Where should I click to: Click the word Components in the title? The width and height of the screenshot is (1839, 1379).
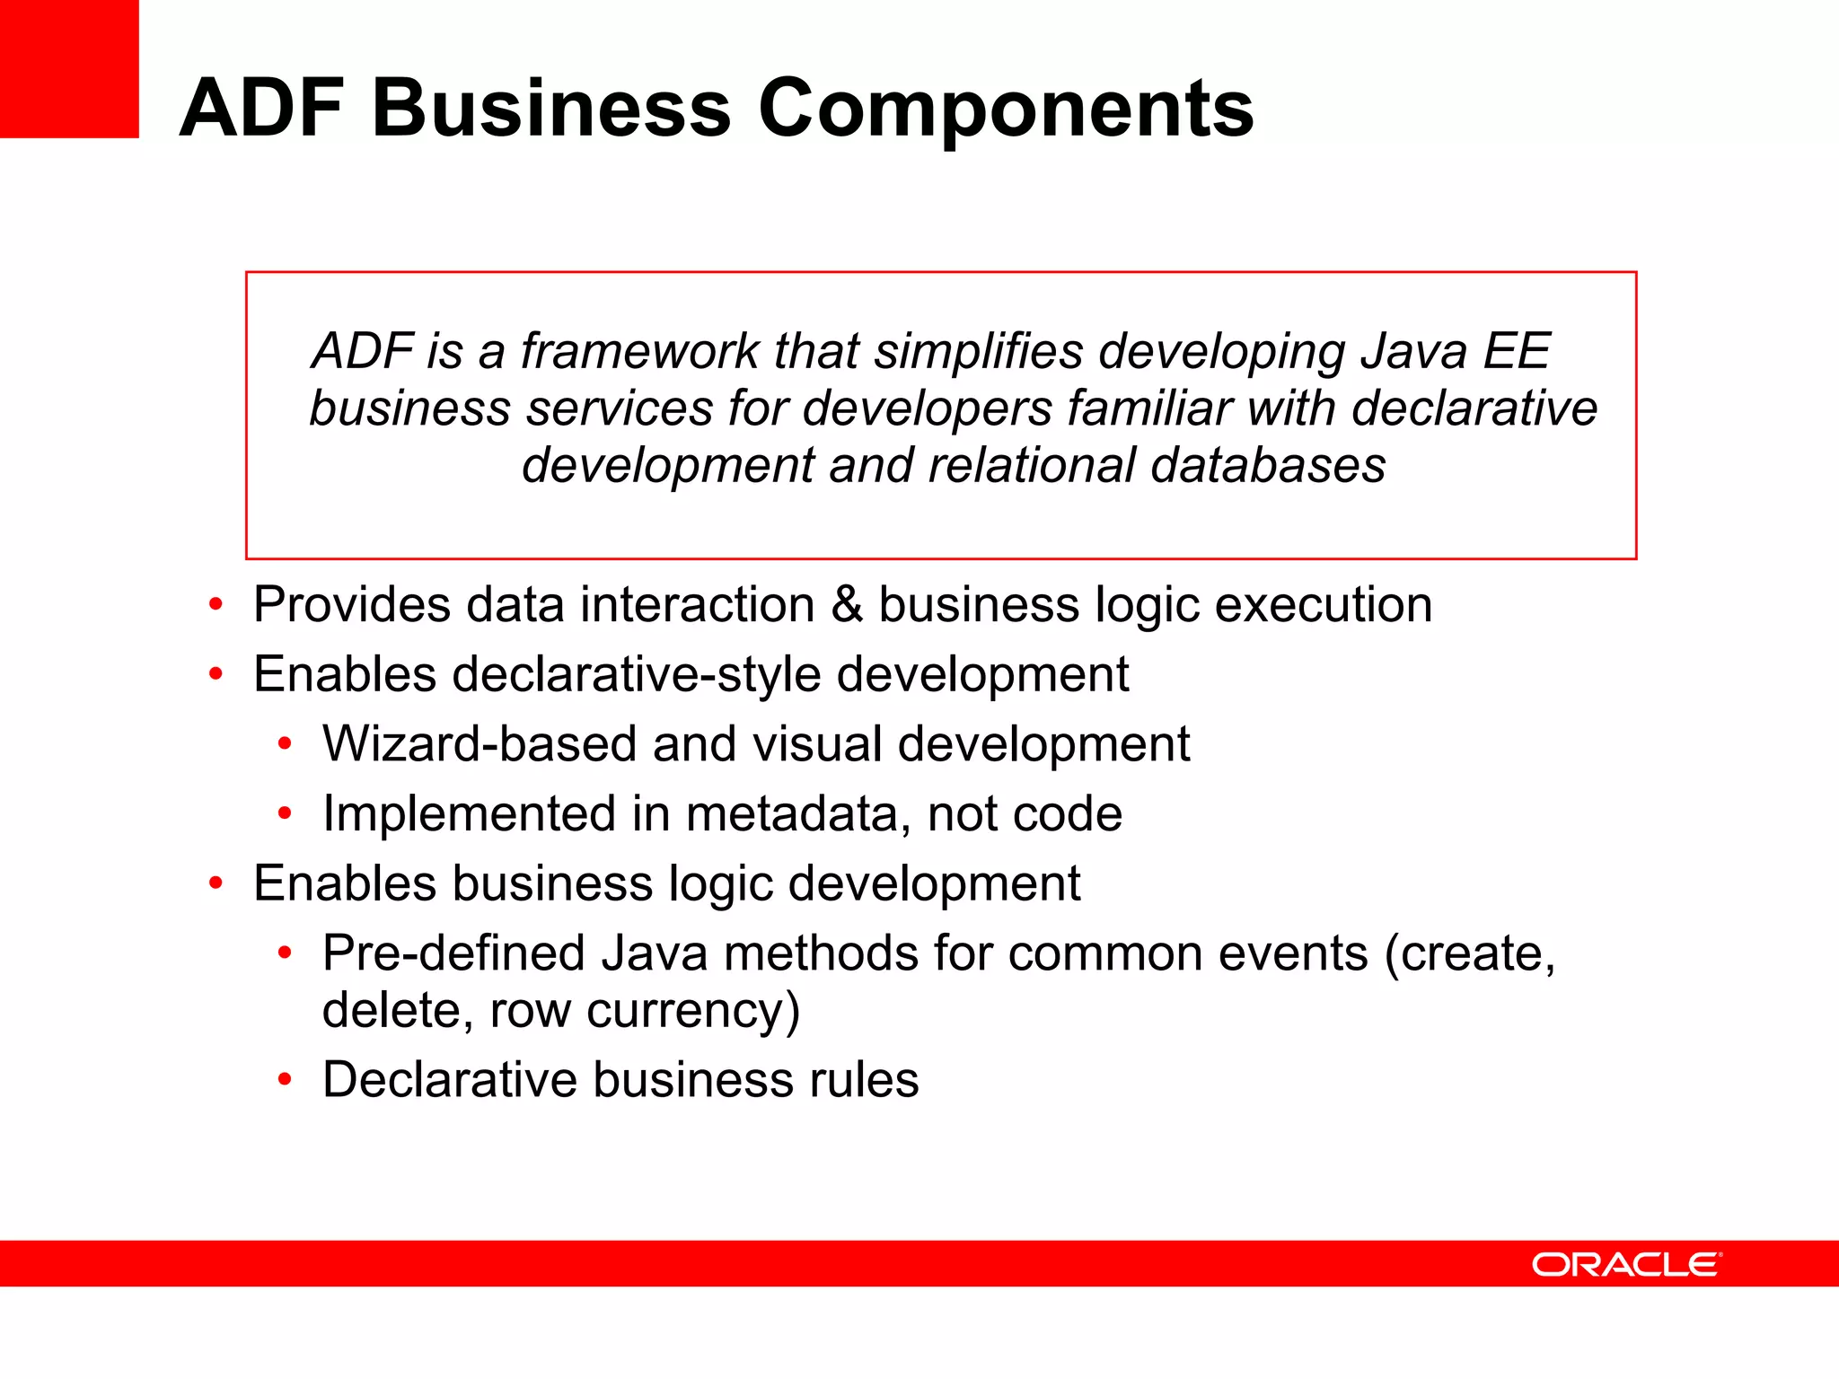[1006, 110]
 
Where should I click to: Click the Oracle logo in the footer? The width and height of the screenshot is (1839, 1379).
[1626, 1264]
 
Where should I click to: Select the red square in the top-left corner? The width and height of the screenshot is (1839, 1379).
[69, 69]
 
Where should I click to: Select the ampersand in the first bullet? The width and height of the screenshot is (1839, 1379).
[847, 605]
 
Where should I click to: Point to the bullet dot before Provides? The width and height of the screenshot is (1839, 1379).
[216, 604]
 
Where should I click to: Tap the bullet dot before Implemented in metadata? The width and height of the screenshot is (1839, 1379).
[285, 813]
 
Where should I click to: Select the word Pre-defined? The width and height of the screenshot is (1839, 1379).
[453, 953]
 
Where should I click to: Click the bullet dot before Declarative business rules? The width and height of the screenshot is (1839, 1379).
[285, 1079]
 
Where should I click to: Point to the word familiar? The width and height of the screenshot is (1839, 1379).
[1149, 408]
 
